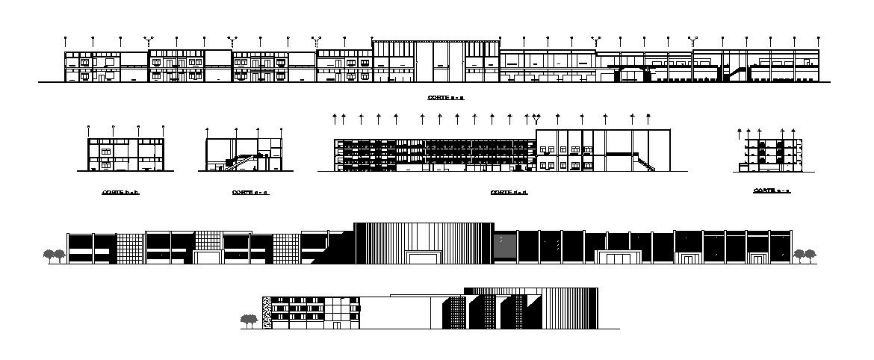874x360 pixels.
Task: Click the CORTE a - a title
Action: [446, 98]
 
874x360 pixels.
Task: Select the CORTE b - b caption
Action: [121, 193]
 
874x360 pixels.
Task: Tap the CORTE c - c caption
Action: [250, 193]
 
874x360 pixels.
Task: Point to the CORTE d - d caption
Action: [509, 193]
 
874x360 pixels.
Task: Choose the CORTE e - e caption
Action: [772, 191]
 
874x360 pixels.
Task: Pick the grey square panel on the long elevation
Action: [505, 246]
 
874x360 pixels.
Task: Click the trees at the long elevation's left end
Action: [53, 256]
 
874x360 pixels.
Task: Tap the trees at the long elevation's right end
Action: [804, 255]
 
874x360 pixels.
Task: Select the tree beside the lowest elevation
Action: [249, 321]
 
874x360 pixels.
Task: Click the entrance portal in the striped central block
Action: [424, 257]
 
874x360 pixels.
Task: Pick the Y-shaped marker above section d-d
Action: [536, 117]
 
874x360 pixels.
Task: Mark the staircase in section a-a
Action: [734, 73]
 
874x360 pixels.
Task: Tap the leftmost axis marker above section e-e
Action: [740, 130]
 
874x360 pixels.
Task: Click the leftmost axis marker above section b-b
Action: [89, 128]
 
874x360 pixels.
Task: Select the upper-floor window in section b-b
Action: [105, 152]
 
